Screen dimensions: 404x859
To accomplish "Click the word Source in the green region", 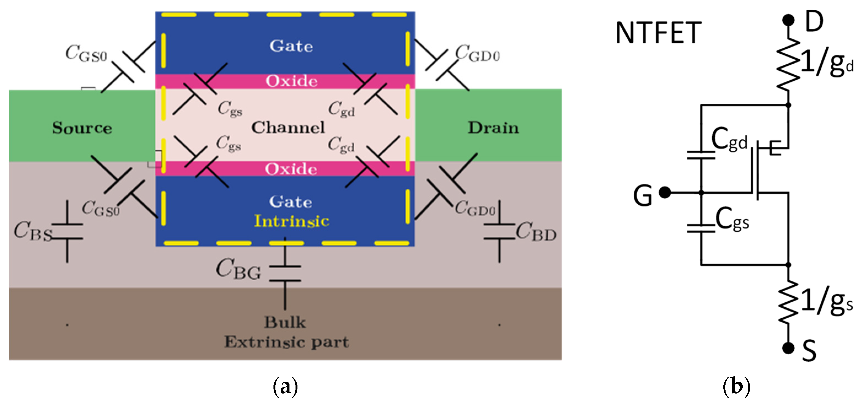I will (x=82, y=128).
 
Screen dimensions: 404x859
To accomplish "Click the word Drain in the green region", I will (x=493, y=128).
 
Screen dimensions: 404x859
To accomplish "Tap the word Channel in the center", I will (x=288, y=128).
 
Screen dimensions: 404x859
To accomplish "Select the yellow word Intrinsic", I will (x=291, y=221).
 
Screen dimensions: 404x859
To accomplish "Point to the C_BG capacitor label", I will (x=238, y=269).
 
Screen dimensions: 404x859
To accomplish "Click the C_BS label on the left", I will (x=33, y=231).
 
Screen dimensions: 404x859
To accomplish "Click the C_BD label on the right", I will (x=536, y=232).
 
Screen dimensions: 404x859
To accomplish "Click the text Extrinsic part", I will (x=286, y=342).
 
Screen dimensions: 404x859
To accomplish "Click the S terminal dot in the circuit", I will (x=788, y=348).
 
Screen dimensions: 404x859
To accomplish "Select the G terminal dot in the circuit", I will (x=665, y=192).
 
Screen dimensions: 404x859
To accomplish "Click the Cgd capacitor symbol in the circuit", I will (x=701, y=155).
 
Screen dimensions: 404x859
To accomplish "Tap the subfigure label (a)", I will (x=285, y=387).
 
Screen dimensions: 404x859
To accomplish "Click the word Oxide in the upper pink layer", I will (x=291, y=81).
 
